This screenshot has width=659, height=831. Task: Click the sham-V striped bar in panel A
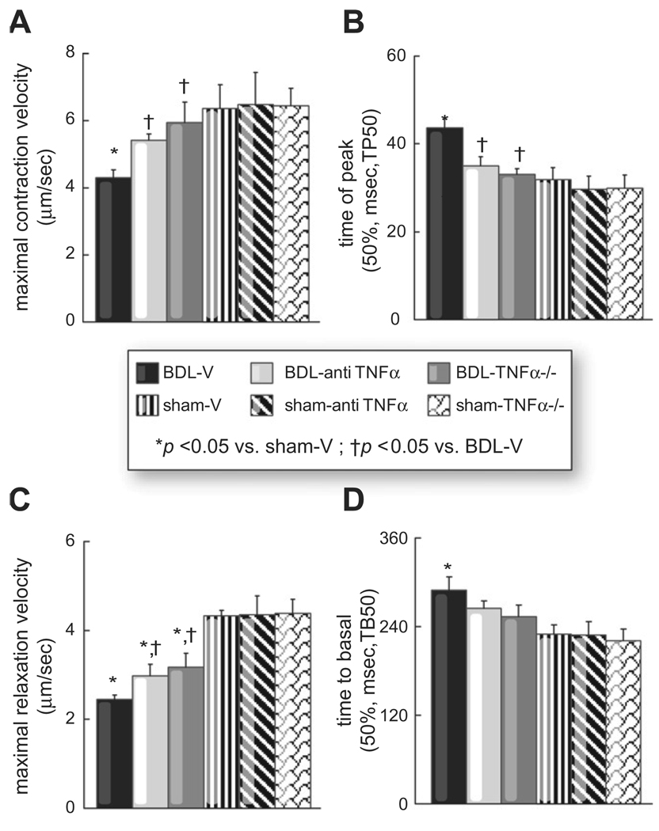[x=219, y=214]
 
